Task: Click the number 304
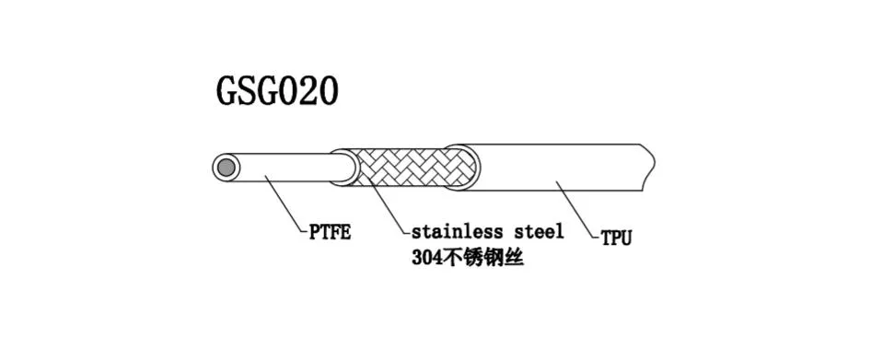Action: pos(427,259)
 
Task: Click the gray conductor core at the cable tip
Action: pos(224,168)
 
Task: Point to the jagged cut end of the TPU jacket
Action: pos(648,167)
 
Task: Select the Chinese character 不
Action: pos(454,259)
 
